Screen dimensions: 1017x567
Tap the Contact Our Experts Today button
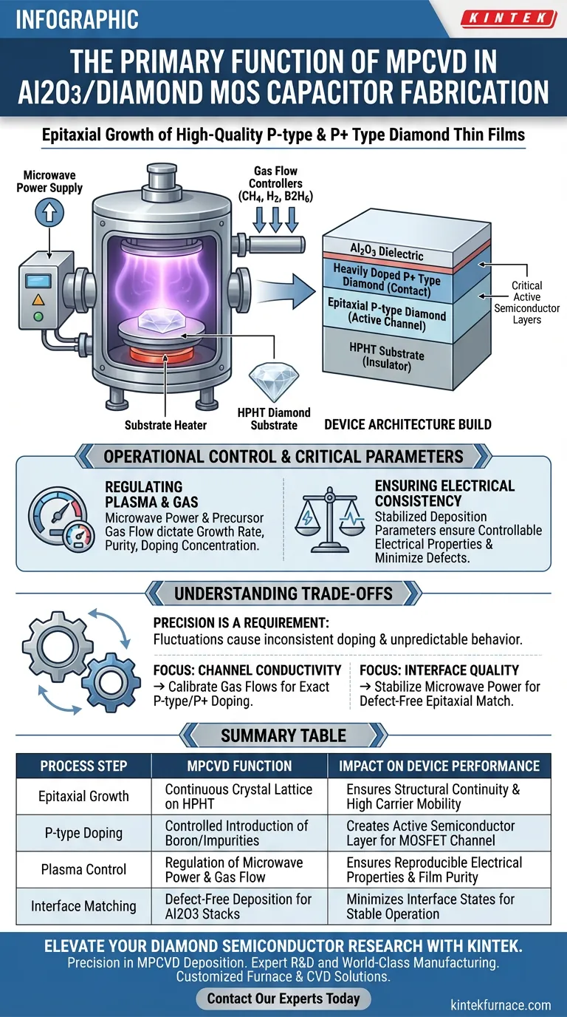pos(283,999)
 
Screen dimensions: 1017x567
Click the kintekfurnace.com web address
pos(501,1005)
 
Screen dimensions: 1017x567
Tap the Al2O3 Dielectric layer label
pos(388,251)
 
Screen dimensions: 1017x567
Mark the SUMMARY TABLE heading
pos(283,735)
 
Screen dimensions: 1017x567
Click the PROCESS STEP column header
pos(83,766)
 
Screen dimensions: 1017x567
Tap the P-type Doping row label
pos(83,833)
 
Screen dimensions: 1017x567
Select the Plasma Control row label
pos(83,870)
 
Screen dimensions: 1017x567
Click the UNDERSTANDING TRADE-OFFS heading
pos(283,593)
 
